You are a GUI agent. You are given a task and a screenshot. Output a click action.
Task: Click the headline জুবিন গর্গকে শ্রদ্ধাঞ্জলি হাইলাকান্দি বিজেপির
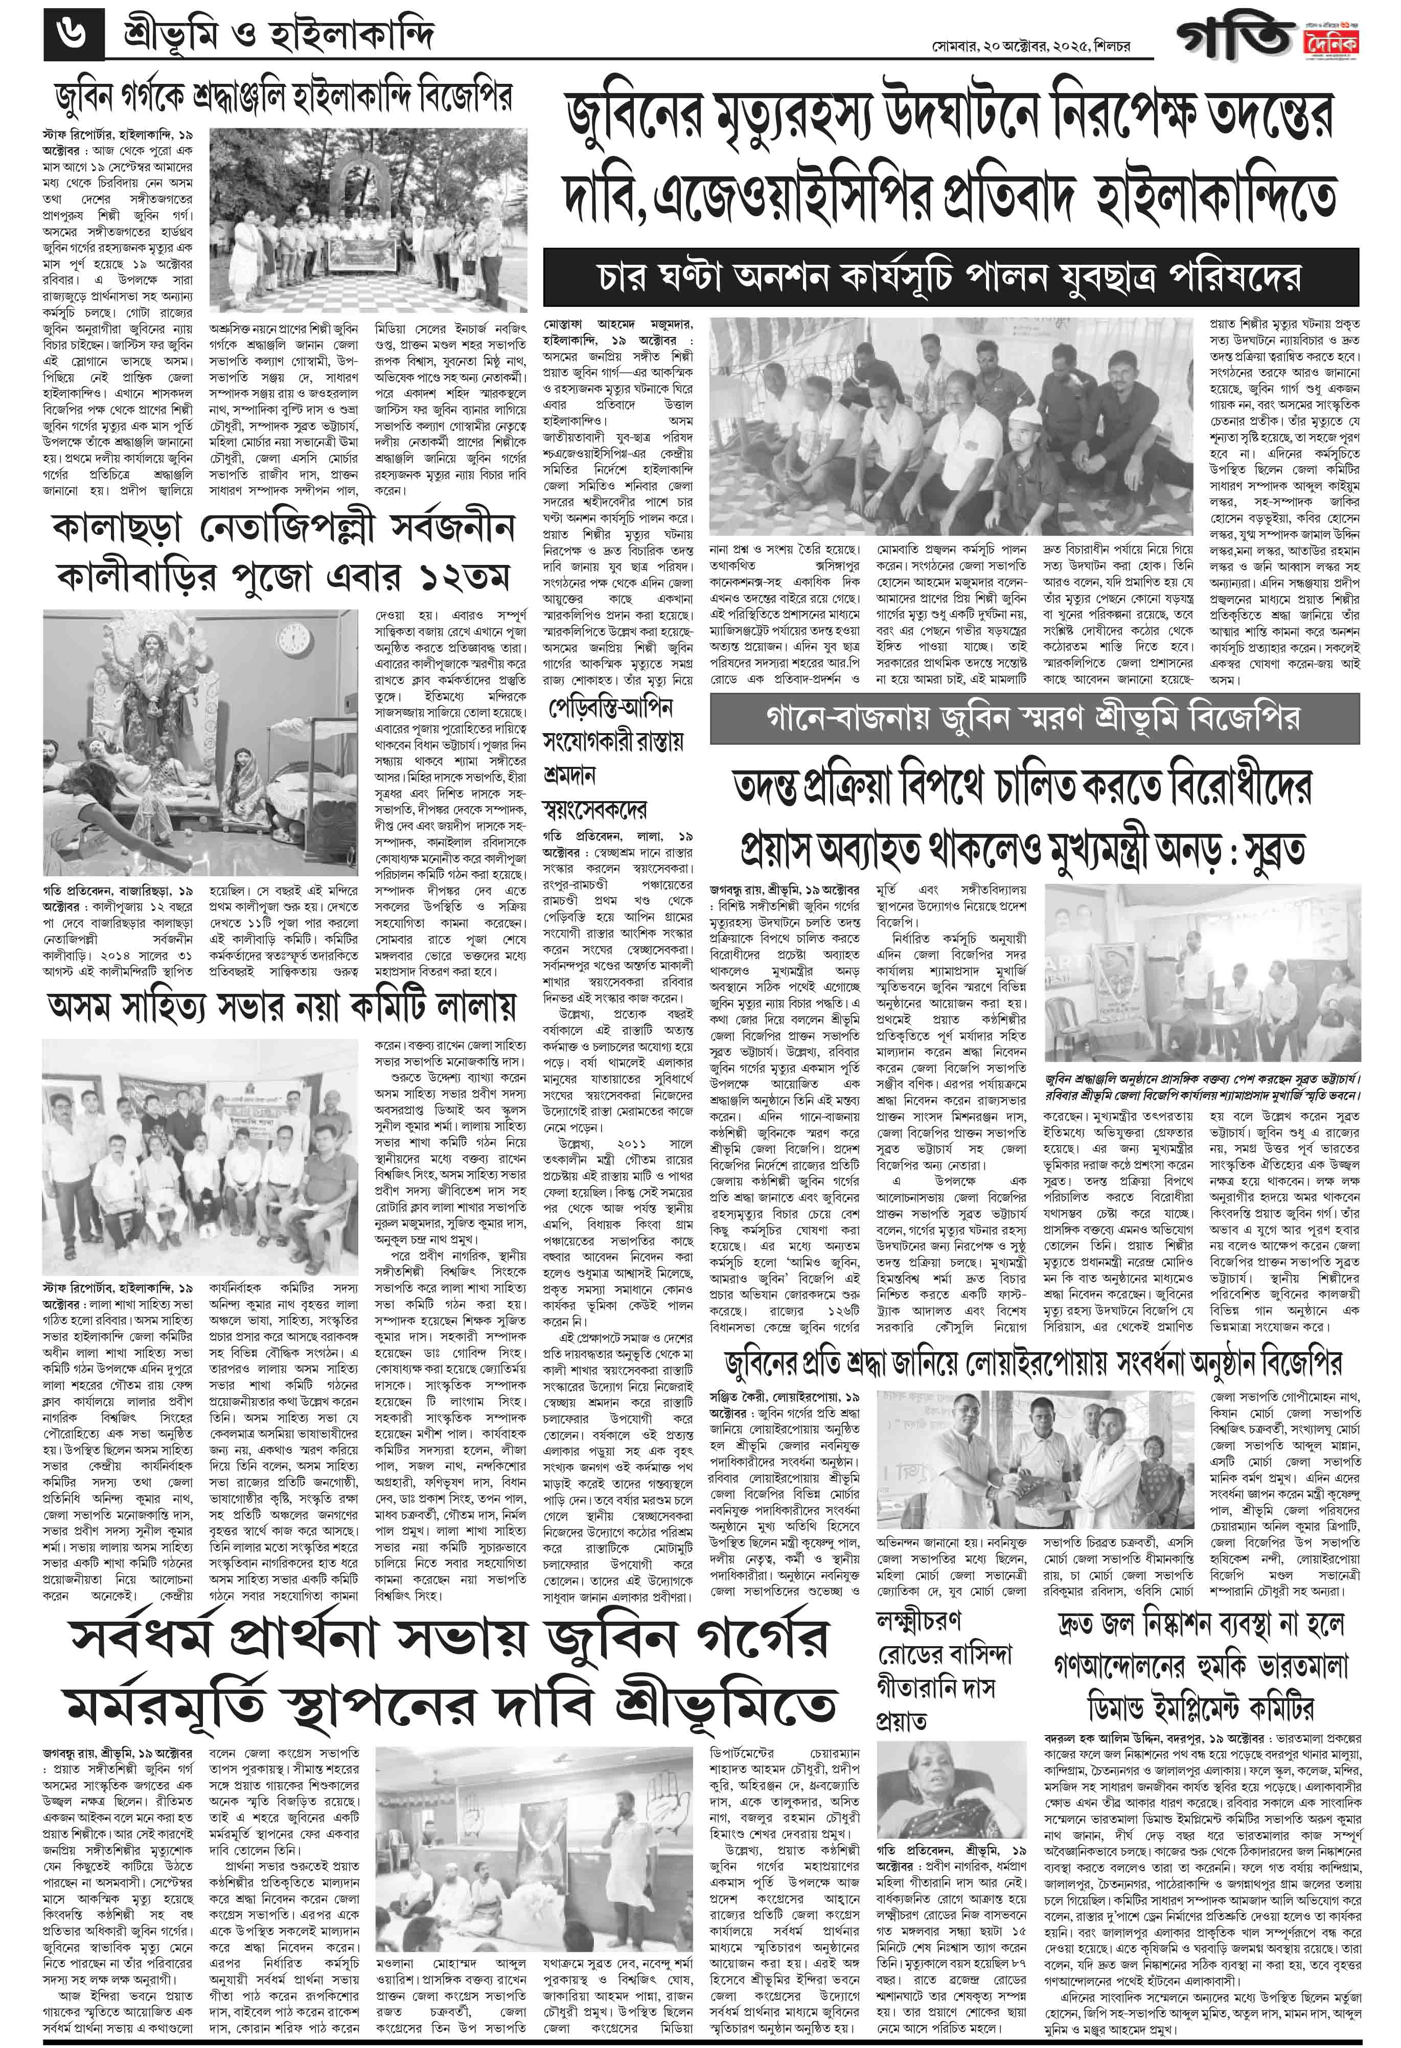pos(282,97)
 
